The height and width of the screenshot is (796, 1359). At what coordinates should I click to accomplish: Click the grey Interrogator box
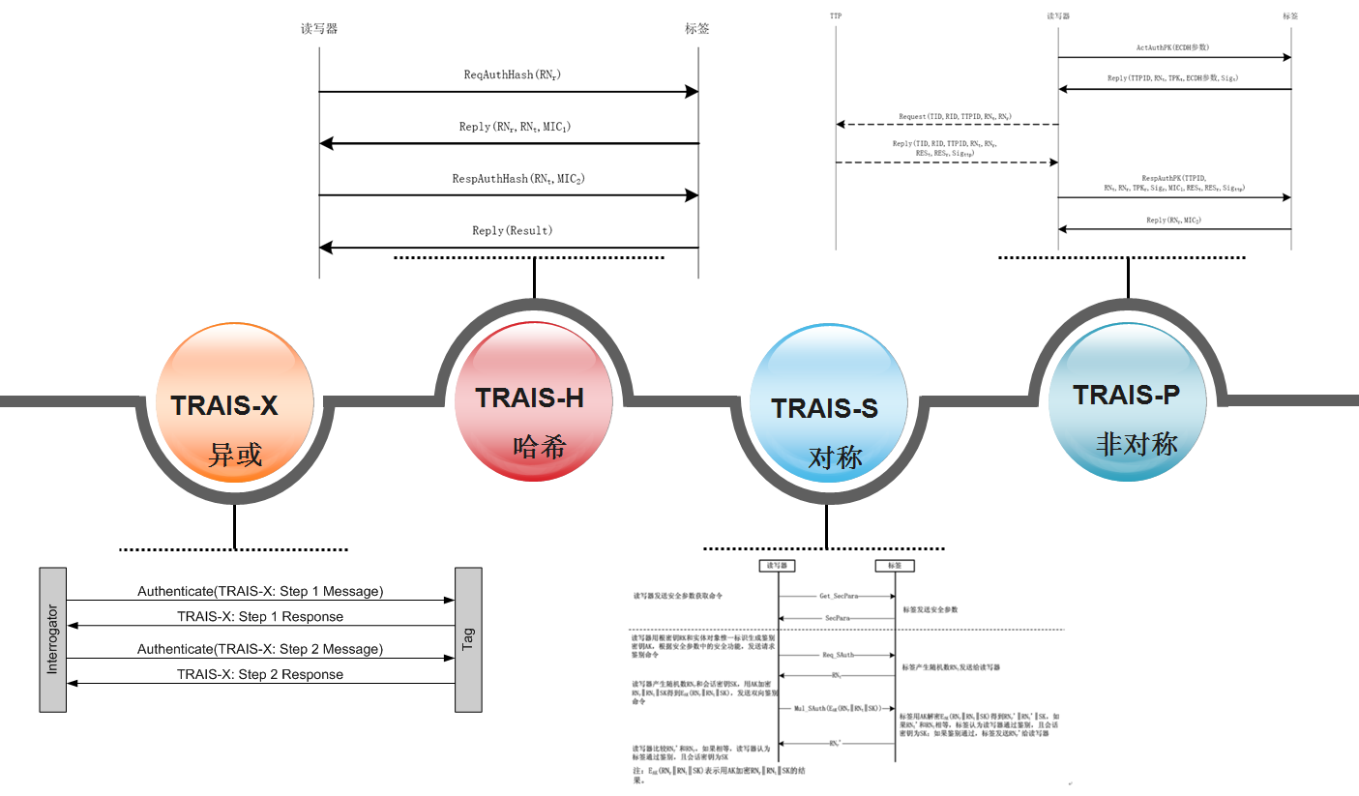52,639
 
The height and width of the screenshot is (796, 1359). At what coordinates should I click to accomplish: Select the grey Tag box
468,639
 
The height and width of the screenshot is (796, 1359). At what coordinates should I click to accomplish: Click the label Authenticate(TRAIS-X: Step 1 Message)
260,591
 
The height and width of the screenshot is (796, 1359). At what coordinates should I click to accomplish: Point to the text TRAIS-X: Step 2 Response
260,674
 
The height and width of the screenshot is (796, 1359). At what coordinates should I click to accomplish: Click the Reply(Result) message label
513,231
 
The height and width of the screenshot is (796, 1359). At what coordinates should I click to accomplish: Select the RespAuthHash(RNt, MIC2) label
518,179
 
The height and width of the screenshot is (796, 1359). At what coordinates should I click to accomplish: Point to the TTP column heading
836,16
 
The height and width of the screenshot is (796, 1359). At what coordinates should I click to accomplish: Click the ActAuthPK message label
1172,47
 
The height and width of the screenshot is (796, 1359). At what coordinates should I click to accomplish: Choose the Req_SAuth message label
838,655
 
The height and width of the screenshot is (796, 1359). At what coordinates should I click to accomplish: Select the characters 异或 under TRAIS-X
236,454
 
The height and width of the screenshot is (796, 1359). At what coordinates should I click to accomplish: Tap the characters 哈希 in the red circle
539,447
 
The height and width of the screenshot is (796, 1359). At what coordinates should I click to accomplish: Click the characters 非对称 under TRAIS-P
1137,444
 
